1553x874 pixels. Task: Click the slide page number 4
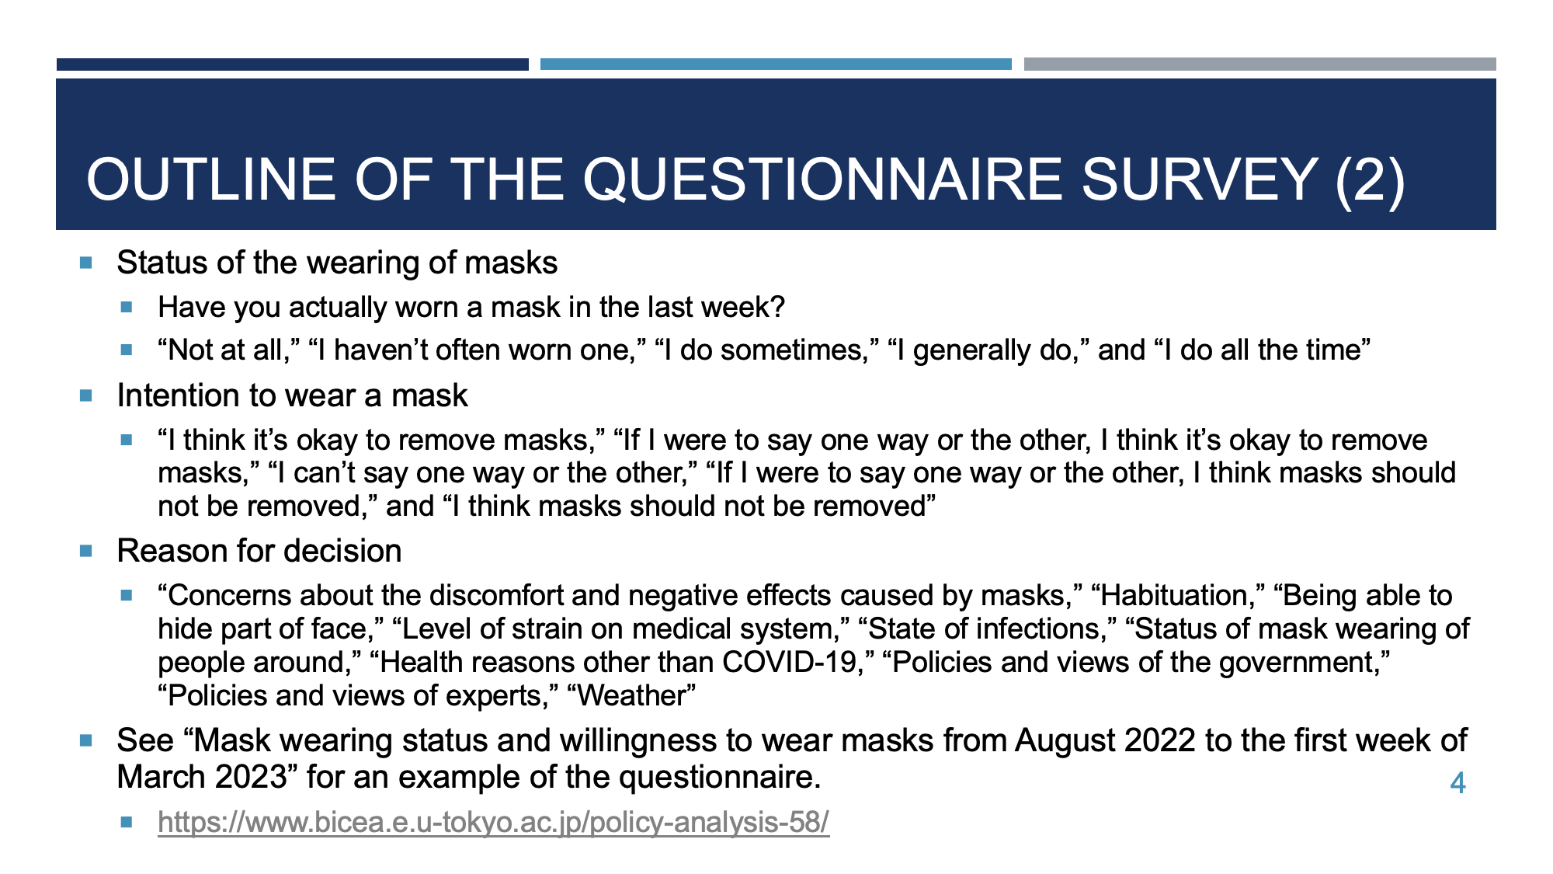click(1457, 783)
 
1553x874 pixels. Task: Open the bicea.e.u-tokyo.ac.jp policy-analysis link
click(493, 822)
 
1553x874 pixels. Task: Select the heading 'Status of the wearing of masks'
click(337, 263)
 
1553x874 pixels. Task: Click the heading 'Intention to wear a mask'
click(292, 395)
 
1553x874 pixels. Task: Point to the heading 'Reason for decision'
click(259, 551)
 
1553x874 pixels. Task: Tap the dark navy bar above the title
click(293, 64)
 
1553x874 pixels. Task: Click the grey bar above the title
click(1260, 64)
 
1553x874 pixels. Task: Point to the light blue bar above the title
click(776, 64)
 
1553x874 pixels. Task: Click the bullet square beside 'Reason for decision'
click(85, 551)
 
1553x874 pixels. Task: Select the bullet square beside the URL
click(127, 821)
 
